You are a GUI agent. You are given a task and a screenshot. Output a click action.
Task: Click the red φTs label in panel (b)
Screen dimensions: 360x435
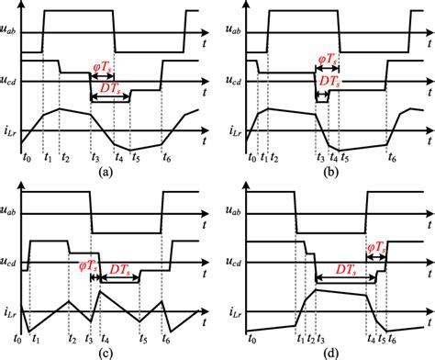328,62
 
